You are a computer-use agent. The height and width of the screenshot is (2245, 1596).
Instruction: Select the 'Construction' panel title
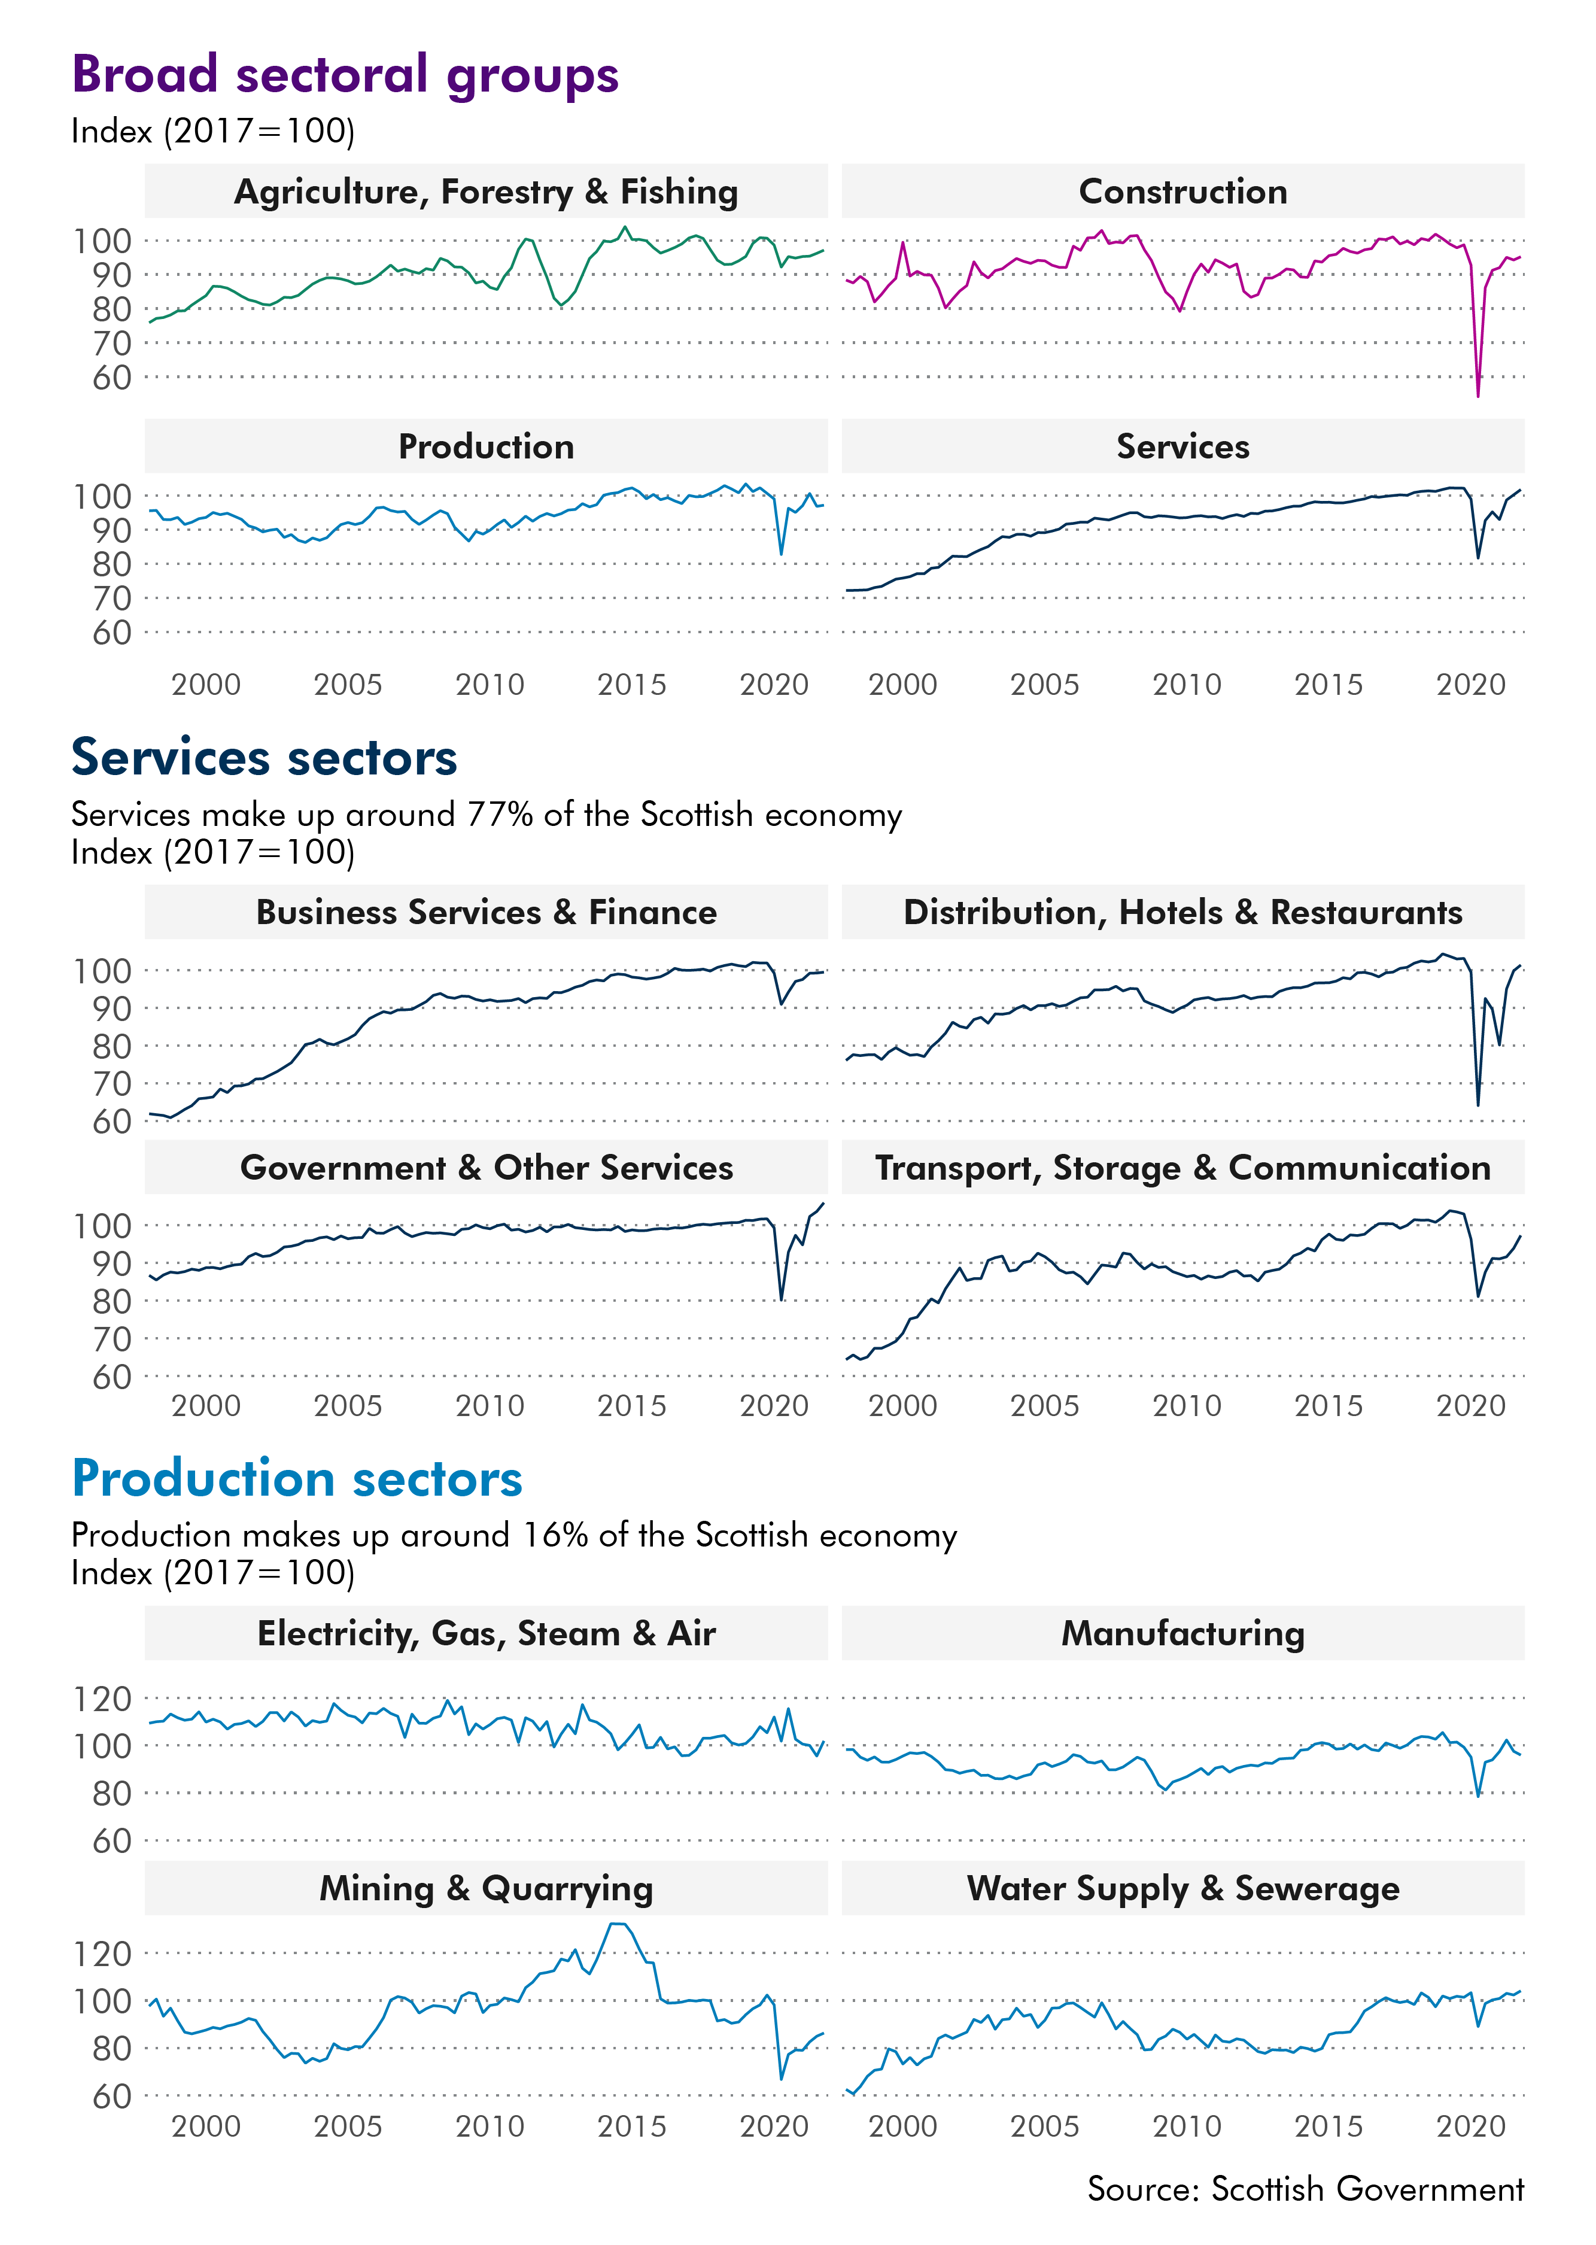pyautogui.click(x=1182, y=192)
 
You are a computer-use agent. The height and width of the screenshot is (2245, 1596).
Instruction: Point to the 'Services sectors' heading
pyautogui.click(x=265, y=758)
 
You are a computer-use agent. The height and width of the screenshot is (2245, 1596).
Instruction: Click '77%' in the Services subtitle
pyautogui.click(x=500, y=815)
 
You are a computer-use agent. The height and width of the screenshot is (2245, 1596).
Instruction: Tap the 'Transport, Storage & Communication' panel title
pyautogui.click(x=1182, y=1168)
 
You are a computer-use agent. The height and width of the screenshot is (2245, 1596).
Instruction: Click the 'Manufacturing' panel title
pyautogui.click(x=1182, y=1633)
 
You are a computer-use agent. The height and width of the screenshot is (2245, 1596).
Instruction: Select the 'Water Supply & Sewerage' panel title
pyautogui.click(x=1182, y=1888)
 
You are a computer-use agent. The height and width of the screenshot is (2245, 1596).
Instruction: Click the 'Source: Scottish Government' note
pyautogui.click(x=1305, y=2189)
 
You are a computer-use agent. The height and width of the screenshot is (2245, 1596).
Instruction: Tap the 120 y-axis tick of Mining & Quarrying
pyautogui.click(x=102, y=1954)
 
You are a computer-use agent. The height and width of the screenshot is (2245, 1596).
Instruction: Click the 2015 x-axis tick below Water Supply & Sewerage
pyautogui.click(x=1328, y=2126)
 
